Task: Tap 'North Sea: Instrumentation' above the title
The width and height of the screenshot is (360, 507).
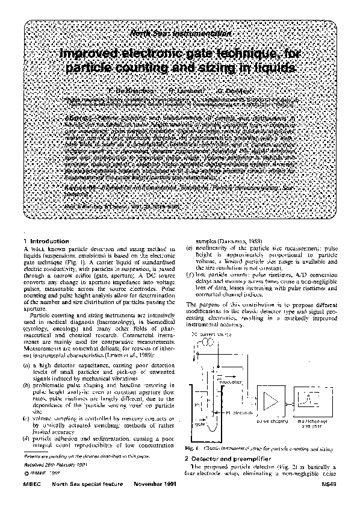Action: [181, 34]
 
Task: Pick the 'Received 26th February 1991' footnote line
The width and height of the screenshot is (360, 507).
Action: [51, 465]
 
